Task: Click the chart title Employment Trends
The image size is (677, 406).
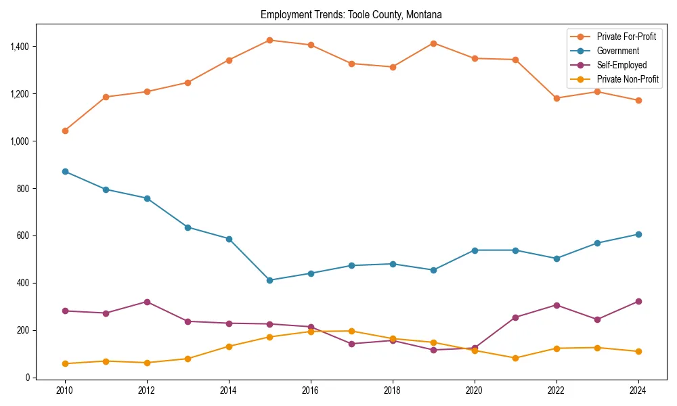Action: (351, 14)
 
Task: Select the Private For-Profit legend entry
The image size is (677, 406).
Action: (626, 36)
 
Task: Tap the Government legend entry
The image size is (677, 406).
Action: (617, 51)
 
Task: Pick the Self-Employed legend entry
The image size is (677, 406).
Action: (621, 65)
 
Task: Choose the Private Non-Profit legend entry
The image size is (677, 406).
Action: (628, 80)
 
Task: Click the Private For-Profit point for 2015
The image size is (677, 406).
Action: (269, 40)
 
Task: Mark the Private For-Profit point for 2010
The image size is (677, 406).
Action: (65, 131)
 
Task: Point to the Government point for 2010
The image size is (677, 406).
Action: (65, 171)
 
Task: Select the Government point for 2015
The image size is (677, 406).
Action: (269, 280)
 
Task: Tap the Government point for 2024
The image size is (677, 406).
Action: (638, 234)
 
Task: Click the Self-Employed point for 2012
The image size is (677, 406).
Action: (147, 302)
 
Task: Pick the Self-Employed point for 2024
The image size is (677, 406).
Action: (638, 301)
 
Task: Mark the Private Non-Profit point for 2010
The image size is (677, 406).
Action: (65, 363)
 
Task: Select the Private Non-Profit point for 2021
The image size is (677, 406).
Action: (515, 358)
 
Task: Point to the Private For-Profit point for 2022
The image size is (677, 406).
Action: (556, 98)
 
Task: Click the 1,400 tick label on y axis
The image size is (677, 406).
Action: (19, 47)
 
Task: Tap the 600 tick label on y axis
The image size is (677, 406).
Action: (24, 235)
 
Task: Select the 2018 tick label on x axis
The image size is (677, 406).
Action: (393, 390)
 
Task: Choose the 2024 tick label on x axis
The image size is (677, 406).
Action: (638, 390)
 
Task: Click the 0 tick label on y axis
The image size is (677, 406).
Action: (28, 378)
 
